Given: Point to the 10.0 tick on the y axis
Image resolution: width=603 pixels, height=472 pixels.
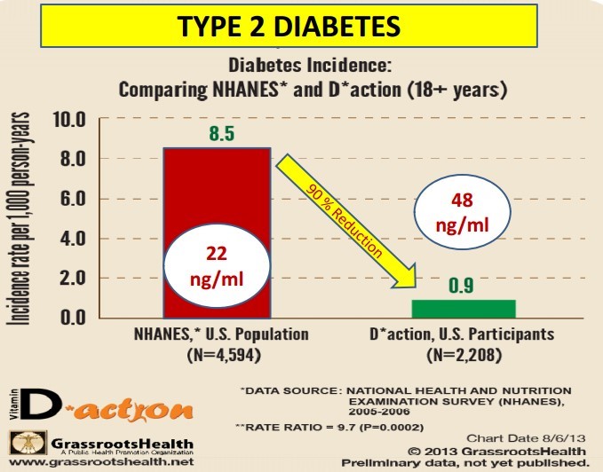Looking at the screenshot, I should click(68, 120).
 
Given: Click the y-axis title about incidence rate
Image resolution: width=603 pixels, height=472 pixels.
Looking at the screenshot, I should click(19, 217).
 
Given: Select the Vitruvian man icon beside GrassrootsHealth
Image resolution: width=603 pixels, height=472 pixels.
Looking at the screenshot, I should click(22, 444).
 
